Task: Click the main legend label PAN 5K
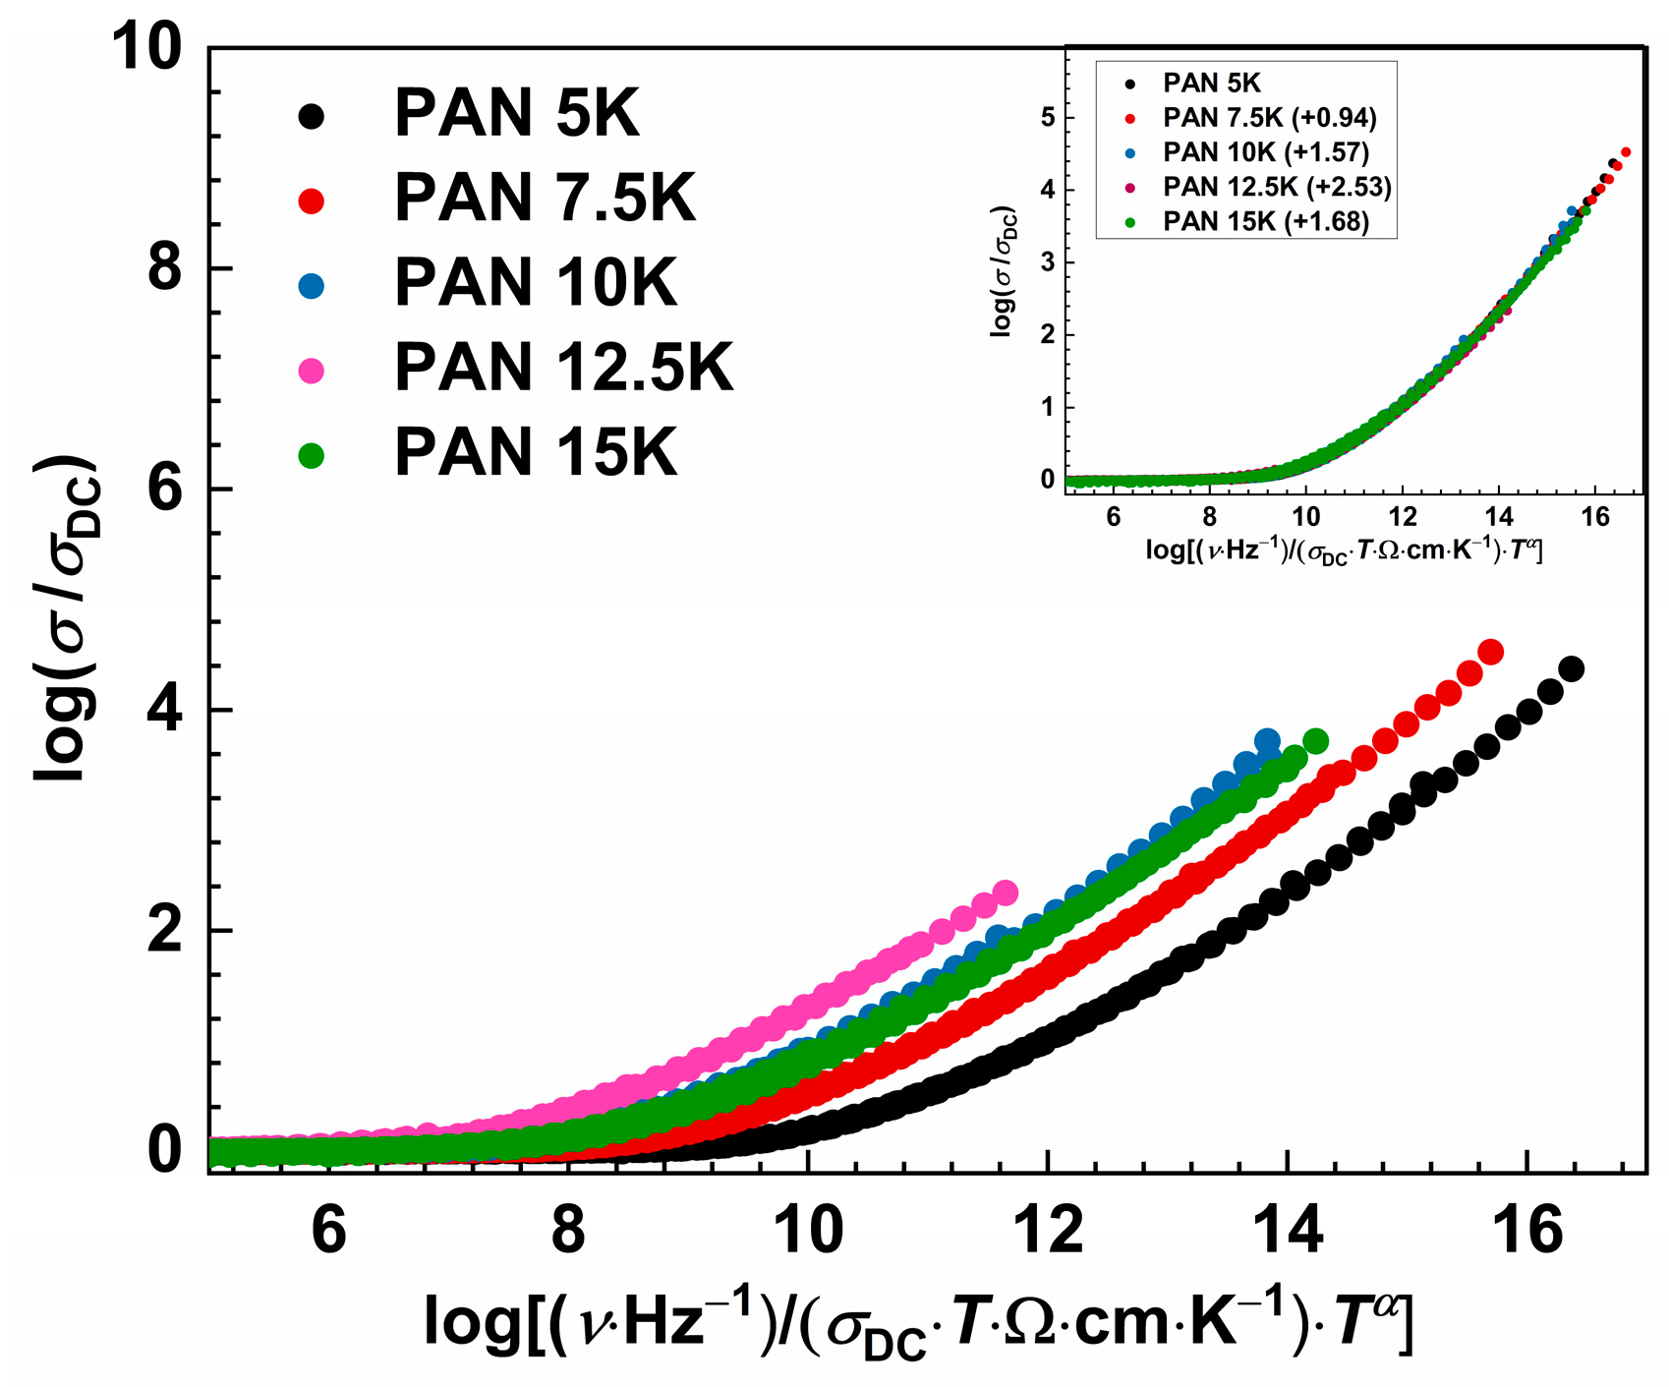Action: [x=516, y=114]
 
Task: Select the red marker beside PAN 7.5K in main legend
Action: [x=311, y=201]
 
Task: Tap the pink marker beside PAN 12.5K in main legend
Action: [x=311, y=371]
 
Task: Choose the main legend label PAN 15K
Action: [x=536, y=453]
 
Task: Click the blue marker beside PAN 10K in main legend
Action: [x=311, y=286]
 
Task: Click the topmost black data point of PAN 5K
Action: [x=1571, y=669]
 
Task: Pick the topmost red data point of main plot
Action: [x=1490, y=652]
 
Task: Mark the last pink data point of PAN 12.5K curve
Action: [x=1006, y=893]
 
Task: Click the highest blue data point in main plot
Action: [x=1267, y=741]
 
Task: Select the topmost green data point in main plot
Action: [x=1315, y=741]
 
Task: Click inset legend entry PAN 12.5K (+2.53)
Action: [x=1277, y=187]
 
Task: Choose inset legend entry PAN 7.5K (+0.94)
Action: [x=1269, y=118]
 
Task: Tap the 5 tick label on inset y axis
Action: [x=1048, y=118]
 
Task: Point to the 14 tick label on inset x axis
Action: [x=1499, y=518]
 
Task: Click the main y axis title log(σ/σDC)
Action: [x=67, y=619]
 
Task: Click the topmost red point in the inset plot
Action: [x=1626, y=151]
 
